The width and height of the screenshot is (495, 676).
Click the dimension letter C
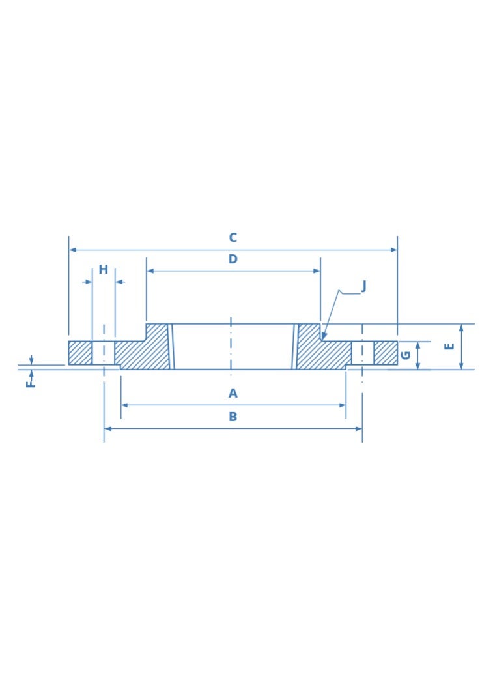point(233,237)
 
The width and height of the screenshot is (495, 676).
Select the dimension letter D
point(233,259)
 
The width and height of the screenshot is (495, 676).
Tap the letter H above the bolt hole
point(104,269)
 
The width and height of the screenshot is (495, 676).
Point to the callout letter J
point(363,286)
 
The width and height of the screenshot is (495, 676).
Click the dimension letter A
point(233,393)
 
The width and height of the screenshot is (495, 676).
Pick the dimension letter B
point(233,417)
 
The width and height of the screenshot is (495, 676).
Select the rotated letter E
point(449,346)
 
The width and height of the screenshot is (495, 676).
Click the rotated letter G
point(406,355)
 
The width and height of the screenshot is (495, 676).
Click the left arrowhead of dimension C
point(72,250)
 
